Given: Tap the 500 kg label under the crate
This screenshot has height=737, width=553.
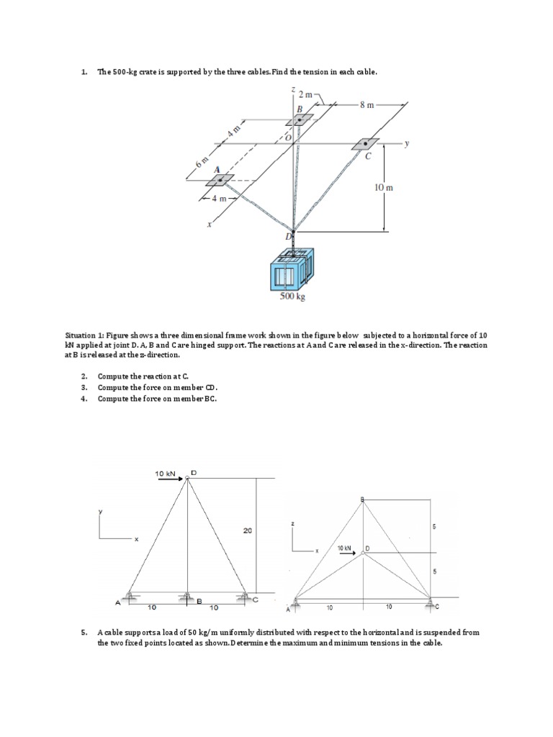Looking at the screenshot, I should (292, 296).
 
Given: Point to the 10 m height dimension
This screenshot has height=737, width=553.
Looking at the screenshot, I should (383, 187).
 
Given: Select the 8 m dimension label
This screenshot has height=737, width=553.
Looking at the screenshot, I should (367, 104).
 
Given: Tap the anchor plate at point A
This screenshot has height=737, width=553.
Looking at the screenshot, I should (220, 179).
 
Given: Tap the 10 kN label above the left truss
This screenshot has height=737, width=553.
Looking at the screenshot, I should (166, 474).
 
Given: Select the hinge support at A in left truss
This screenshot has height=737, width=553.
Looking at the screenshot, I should (130, 595).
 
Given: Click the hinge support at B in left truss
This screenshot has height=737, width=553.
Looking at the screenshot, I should (186, 595).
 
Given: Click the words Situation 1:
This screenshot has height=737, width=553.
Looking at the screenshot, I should (85, 335).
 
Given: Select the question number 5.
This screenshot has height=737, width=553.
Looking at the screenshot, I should (84, 633).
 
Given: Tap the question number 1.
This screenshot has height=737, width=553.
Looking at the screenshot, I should (84, 72).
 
